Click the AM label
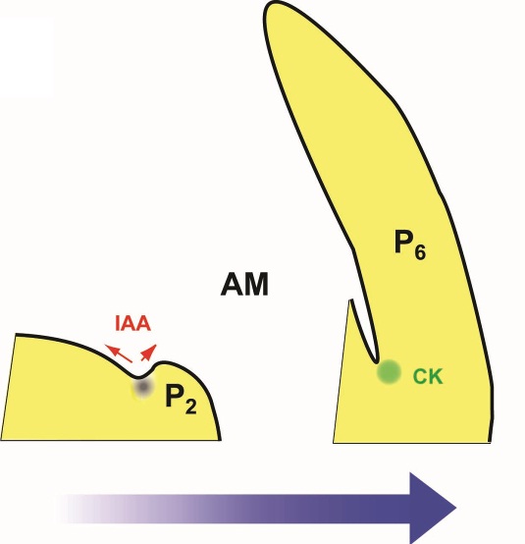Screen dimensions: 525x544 click(x=244, y=284)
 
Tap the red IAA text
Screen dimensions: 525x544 click(x=132, y=324)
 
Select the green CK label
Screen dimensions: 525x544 click(x=428, y=376)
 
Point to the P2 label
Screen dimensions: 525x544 click(x=181, y=399)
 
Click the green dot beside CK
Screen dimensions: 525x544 click(x=389, y=372)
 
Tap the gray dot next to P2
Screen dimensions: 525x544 click(x=142, y=387)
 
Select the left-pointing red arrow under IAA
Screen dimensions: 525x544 click(x=118, y=354)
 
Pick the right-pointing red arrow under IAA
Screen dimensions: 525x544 click(x=149, y=353)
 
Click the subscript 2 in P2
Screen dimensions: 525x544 click(x=190, y=406)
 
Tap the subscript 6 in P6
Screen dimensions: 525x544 click(x=420, y=251)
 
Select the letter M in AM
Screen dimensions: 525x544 click(x=256, y=285)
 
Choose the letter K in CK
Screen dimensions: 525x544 click(x=437, y=376)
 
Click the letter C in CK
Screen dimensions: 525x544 click(x=421, y=376)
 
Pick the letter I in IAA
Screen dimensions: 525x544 click(x=117, y=324)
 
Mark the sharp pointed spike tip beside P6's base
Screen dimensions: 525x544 click(x=351, y=300)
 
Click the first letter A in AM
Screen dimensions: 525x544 click(x=232, y=285)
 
